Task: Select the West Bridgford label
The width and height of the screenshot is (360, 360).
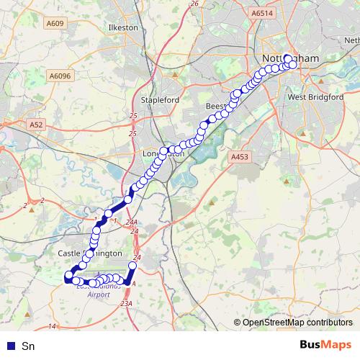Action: (x=315, y=96)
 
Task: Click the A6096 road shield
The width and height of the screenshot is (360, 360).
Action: (x=60, y=75)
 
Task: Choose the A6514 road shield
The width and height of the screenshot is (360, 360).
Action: (x=264, y=13)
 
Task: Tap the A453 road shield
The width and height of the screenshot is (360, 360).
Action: (x=239, y=156)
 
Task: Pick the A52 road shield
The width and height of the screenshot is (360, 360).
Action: (x=37, y=125)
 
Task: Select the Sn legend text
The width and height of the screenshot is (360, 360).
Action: (x=28, y=346)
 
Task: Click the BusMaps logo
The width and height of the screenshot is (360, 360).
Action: (x=325, y=345)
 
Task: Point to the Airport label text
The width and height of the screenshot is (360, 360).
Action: (x=99, y=294)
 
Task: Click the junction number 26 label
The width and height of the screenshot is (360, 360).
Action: (x=194, y=4)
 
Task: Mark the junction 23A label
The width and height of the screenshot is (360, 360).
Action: (x=127, y=305)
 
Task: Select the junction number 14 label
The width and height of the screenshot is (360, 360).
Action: (x=51, y=327)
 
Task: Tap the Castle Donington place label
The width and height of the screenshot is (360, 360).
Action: (x=85, y=254)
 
